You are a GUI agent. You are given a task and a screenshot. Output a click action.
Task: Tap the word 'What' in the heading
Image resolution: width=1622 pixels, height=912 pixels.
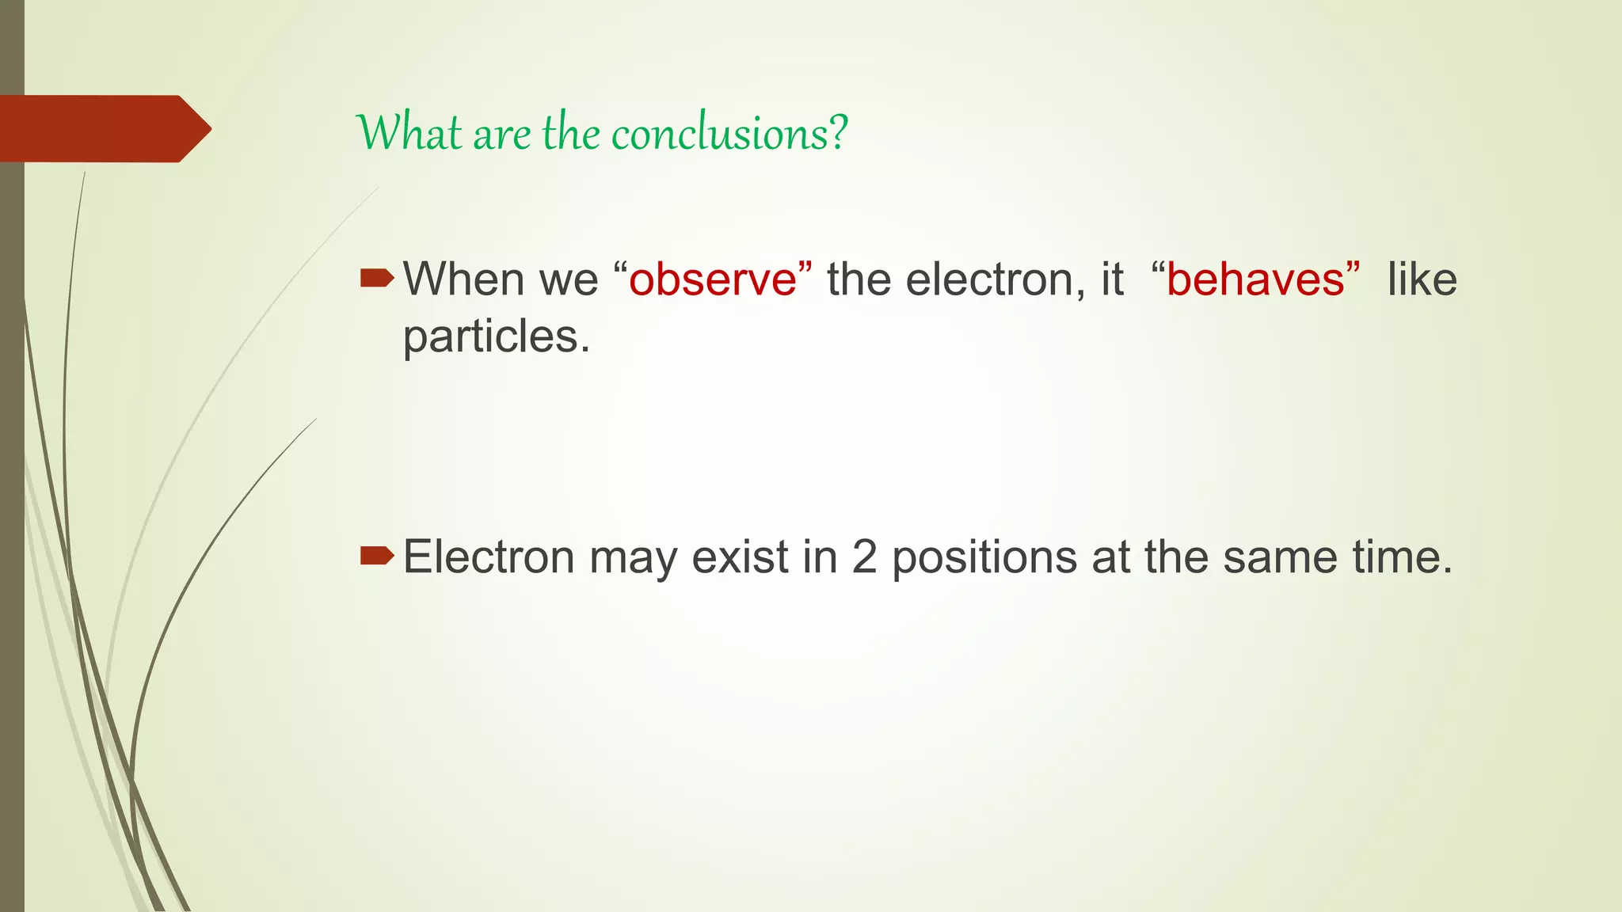tap(409, 133)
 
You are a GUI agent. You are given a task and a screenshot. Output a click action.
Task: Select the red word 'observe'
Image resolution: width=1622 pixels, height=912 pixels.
tap(713, 279)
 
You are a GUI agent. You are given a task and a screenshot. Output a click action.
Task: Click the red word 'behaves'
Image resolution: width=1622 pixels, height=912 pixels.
tap(1255, 279)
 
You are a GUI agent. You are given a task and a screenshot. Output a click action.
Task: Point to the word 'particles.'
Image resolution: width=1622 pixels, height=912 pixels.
tap(497, 337)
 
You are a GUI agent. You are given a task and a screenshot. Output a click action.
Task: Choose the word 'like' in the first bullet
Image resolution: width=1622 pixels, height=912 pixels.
tap(1422, 279)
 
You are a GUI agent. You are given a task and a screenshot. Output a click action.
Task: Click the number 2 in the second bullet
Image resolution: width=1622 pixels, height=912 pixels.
tap(864, 557)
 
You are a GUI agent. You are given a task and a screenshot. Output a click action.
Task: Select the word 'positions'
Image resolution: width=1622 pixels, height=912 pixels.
tap(984, 558)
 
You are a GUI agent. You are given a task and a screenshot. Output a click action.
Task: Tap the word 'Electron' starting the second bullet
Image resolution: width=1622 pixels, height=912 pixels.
tap(489, 557)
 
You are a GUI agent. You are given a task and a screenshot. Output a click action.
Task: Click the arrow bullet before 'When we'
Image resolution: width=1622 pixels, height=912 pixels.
tap(376, 278)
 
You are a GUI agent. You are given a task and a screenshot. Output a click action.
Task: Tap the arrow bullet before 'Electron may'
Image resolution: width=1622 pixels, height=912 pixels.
tap(376, 556)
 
